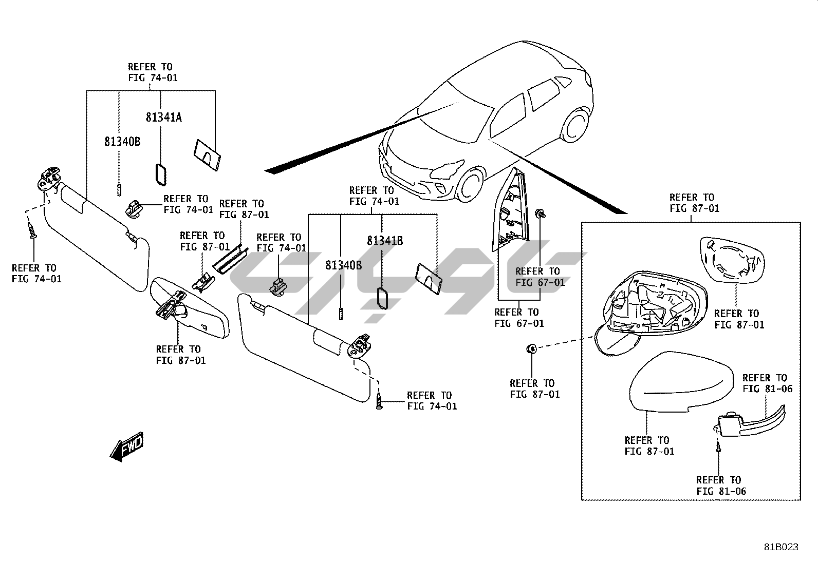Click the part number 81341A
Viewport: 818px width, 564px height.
pyautogui.click(x=163, y=118)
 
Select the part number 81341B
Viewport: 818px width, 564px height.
pyautogui.click(x=384, y=241)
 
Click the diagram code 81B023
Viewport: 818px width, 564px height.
pyautogui.click(x=780, y=547)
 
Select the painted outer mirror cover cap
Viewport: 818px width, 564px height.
pyautogui.click(x=681, y=382)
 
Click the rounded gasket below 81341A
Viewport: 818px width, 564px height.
pyautogui.click(x=160, y=174)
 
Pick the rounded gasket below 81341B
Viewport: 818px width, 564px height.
pyautogui.click(x=383, y=299)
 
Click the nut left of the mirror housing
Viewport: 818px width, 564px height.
pyautogui.click(x=531, y=349)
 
